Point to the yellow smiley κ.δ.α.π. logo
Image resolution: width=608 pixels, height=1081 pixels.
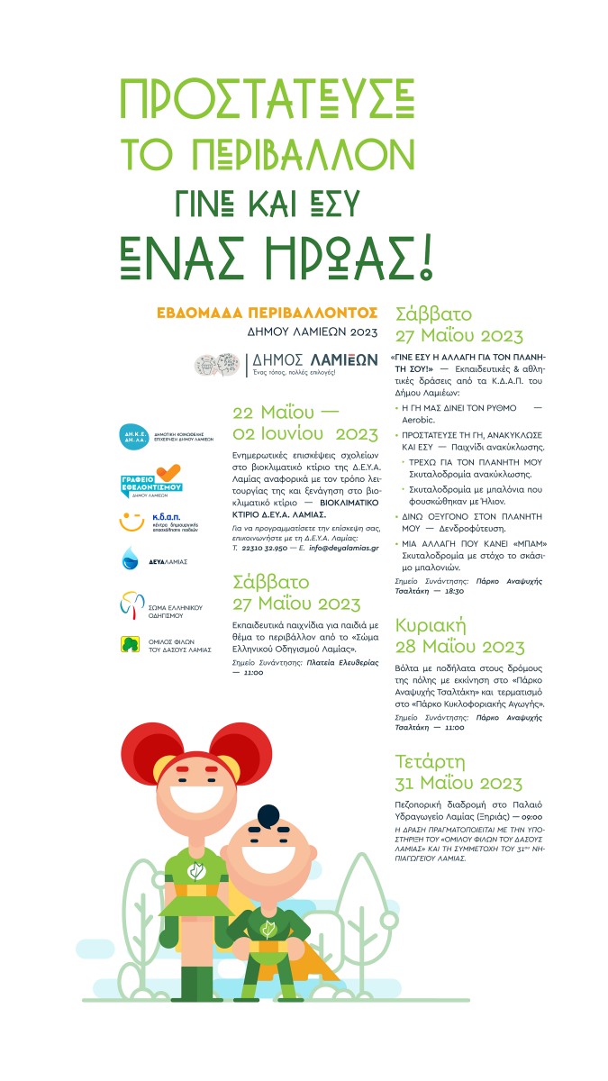click(132, 522)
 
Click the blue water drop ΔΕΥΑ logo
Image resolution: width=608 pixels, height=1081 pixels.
click(130, 559)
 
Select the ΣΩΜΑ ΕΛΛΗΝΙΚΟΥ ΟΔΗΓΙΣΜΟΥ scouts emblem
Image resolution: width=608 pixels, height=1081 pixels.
click(132, 602)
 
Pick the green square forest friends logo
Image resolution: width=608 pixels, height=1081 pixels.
click(131, 643)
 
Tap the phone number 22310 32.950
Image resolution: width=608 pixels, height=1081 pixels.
click(263, 547)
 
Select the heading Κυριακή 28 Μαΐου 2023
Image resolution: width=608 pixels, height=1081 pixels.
click(459, 637)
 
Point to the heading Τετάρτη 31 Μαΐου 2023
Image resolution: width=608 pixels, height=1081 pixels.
click(458, 772)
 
